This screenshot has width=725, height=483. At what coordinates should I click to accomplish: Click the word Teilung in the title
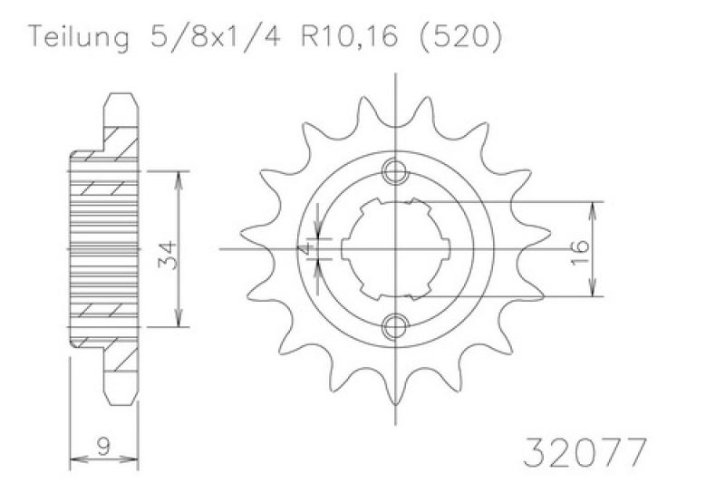79,37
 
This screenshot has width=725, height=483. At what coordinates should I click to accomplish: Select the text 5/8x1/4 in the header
215,35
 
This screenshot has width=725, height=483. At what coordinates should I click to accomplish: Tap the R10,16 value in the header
349,36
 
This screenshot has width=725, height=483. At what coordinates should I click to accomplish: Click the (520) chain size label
460,36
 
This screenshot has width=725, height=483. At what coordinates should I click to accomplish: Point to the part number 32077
585,451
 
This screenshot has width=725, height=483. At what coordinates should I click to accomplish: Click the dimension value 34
167,255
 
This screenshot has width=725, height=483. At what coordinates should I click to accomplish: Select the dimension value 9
105,447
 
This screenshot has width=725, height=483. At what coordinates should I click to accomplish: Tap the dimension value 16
580,252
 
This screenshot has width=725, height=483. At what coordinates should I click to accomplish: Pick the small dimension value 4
305,249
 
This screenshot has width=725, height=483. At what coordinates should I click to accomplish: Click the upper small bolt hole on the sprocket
395,172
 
